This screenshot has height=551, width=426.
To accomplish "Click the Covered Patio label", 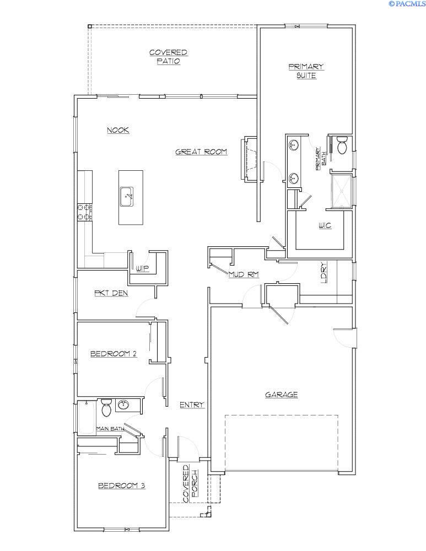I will point(168,57).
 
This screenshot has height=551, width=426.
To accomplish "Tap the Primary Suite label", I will point(306,71).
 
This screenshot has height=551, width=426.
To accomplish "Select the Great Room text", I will point(201,152).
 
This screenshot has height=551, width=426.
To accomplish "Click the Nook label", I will point(117,130).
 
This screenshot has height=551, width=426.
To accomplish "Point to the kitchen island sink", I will point(128,195).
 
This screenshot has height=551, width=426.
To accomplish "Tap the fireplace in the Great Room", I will point(249,158).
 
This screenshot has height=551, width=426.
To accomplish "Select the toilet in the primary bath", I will point(342,145).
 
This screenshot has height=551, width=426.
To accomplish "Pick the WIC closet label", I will point(325,225).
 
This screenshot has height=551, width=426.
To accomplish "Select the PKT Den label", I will point(111,293).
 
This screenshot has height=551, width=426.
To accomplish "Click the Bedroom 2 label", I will point(114,354).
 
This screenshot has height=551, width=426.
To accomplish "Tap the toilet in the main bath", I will point(106,408).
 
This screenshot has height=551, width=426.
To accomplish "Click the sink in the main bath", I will point(123,405).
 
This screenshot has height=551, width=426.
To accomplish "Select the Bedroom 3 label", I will point(121,485).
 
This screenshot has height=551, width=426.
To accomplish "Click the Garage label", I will point(281,395).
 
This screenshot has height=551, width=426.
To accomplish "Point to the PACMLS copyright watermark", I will point(407,4).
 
